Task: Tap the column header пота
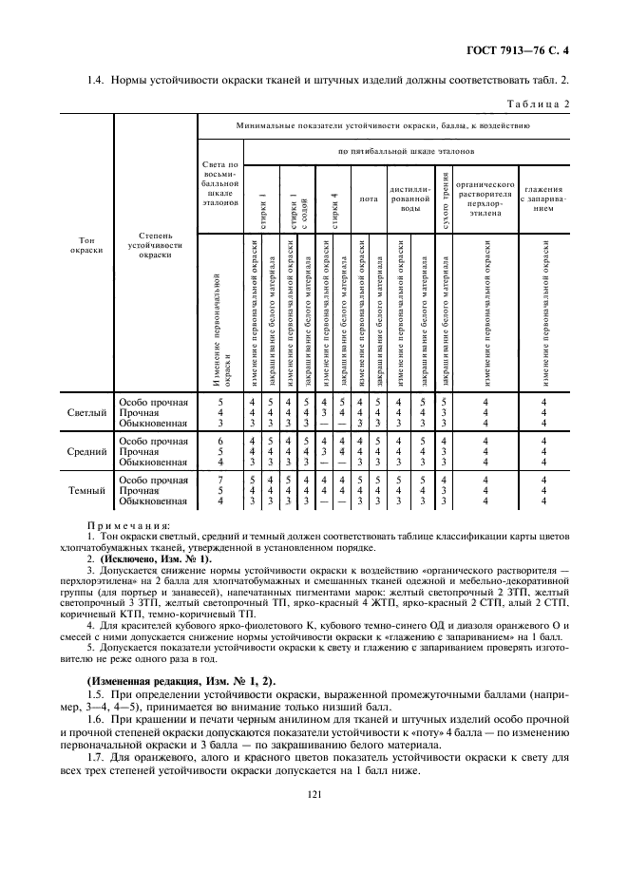368,199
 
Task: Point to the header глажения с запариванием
543,199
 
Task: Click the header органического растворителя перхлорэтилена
485,199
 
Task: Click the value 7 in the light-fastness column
220,480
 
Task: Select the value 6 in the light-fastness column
220,441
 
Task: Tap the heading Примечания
127,524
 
